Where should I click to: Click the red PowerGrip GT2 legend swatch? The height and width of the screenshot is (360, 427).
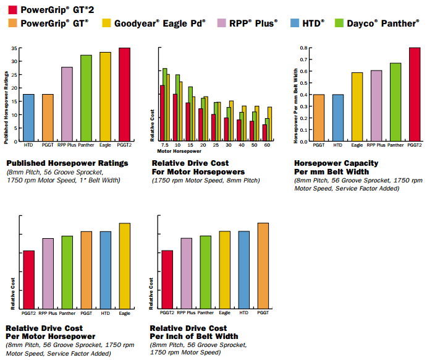coord(13,10)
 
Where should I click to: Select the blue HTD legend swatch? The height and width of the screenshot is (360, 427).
coord(295,23)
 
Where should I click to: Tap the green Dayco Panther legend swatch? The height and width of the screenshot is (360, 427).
coord(339,23)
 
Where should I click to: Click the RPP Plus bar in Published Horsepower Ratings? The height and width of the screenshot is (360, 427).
coord(67,104)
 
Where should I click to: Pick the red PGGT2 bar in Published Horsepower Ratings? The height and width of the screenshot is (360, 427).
coord(124,94)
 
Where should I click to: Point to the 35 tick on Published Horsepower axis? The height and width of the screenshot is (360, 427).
coord(14,48)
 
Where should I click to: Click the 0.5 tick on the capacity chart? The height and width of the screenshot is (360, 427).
coord(303,83)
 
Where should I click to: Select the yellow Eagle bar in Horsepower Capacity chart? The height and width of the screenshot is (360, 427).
coord(357,107)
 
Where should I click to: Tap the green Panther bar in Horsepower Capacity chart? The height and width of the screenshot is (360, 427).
coord(395,102)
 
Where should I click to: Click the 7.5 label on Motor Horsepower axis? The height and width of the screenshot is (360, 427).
coord(165,145)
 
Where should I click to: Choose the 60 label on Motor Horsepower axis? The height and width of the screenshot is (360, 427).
coord(267,145)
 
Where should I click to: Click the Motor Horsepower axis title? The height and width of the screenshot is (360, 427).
coord(179,152)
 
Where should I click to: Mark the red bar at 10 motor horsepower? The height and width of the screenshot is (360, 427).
coord(175,118)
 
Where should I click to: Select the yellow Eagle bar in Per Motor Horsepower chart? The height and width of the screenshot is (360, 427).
coord(125,266)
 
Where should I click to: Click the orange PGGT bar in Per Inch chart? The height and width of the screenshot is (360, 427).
coord(263,266)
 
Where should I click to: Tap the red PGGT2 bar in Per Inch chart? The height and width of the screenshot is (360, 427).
coord(167,280)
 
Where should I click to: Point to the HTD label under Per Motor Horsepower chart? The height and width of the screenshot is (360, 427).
coord(106,314)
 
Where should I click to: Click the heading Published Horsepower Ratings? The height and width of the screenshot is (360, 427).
coord(67,163)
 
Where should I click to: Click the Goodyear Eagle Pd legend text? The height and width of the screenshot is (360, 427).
coord(160,24)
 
